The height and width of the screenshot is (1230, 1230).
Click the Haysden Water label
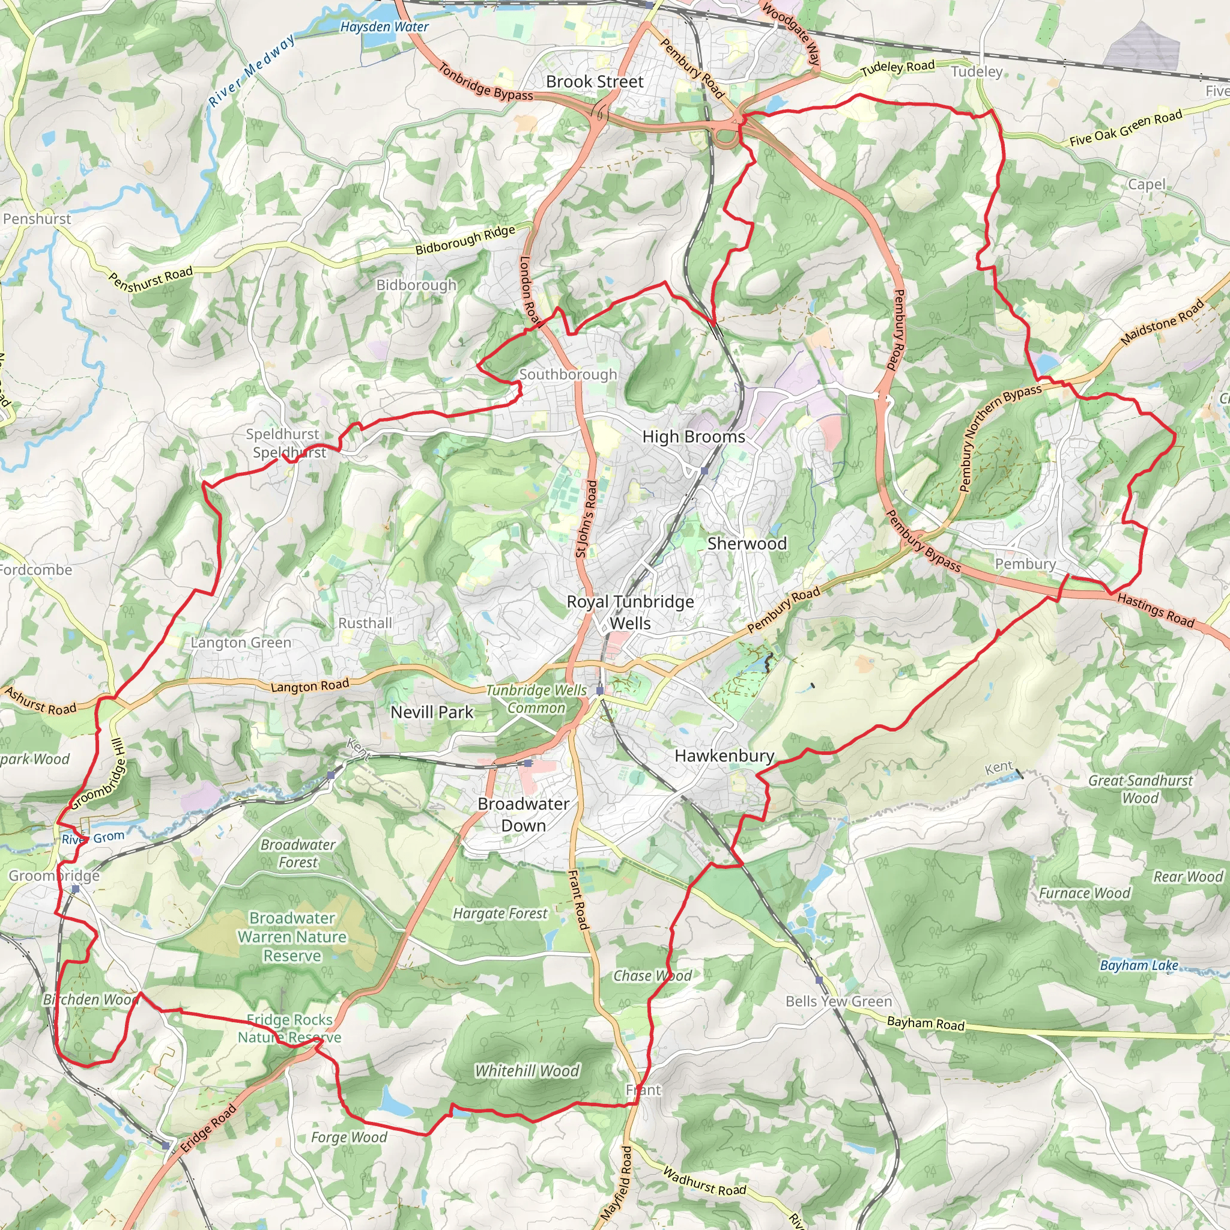click(384, 27)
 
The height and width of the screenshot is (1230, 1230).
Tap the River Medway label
click(252, 70)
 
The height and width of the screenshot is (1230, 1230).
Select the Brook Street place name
click(595, 82)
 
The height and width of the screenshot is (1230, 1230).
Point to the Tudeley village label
click(977, 72)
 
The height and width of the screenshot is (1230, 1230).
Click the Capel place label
click(1147, 184)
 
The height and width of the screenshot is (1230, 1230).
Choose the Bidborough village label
click(416, 285)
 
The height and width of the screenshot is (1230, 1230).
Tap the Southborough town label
click(568, 374)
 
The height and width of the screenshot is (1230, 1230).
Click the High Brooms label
click(693, 437)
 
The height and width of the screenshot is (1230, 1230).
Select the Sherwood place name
click(747, 544)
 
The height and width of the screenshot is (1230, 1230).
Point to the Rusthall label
click(365, 623)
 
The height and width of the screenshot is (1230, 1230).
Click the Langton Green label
click(241, 643)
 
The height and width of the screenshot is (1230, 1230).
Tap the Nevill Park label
click(432, 712)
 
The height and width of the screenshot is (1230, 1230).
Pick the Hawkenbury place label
click(724, 756)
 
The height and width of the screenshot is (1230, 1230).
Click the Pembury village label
click(1025, 564)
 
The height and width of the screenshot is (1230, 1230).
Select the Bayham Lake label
click(1139, 965)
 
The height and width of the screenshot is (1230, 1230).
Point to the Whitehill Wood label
click(527, 1071)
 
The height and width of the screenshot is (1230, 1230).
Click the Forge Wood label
click(349, 1136)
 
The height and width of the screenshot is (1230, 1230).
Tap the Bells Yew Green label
click(838, 1001)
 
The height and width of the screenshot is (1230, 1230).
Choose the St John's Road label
click(586, 519)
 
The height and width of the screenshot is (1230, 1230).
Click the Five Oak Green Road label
click(1125, 128)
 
